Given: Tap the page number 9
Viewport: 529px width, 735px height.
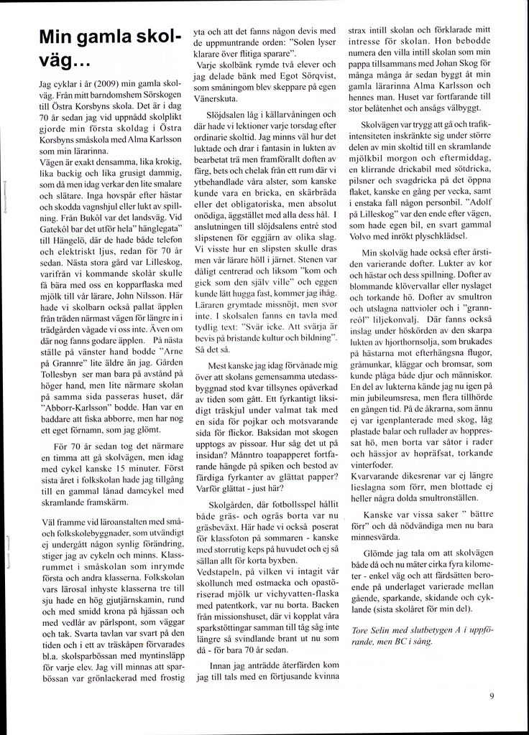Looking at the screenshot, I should (x=491, y=695).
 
